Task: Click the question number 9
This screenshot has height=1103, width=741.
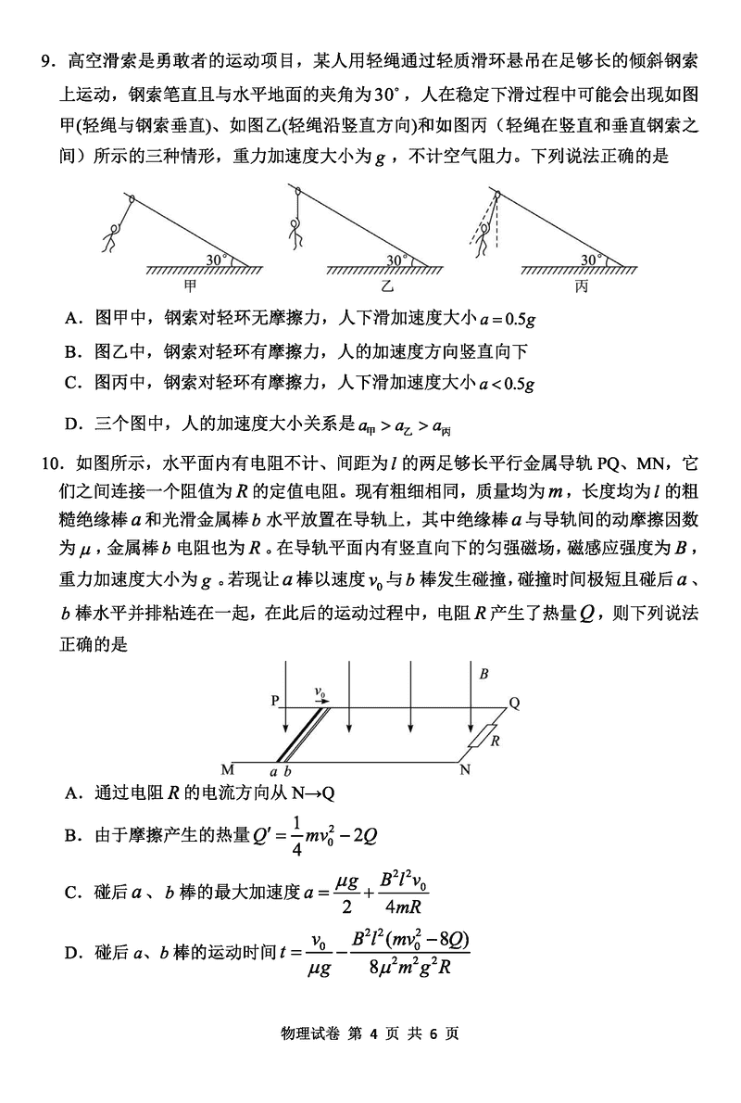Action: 45,61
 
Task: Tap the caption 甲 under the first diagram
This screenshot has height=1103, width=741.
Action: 192,286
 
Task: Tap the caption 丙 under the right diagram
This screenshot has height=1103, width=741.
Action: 582,286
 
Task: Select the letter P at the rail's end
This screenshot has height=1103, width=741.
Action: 275,702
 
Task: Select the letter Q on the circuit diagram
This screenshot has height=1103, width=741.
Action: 515,703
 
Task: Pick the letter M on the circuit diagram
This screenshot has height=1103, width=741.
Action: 228,769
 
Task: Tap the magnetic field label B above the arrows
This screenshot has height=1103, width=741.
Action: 484,675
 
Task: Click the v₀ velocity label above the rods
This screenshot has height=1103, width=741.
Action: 320,691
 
